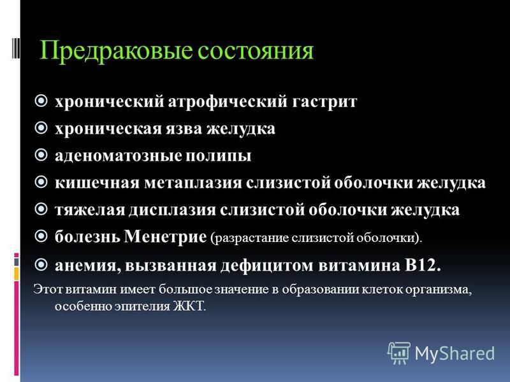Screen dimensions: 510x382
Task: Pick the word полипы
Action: (219, 156)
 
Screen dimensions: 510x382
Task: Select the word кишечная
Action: (98, 183)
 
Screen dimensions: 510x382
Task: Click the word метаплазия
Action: (193, 183)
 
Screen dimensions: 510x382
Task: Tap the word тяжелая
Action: (90, 210)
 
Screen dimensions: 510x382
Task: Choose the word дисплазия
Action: (172, 210)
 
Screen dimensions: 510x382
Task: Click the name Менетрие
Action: (165, 237)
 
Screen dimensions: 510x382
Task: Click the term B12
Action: (423, 265)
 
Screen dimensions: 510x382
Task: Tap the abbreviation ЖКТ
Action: (189, 306)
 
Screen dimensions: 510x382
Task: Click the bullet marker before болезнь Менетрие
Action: (41, 236)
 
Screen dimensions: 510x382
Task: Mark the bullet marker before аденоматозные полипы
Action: (41, 155)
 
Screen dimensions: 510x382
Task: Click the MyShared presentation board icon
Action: (399, 352)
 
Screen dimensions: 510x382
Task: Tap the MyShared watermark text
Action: (455, 353)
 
